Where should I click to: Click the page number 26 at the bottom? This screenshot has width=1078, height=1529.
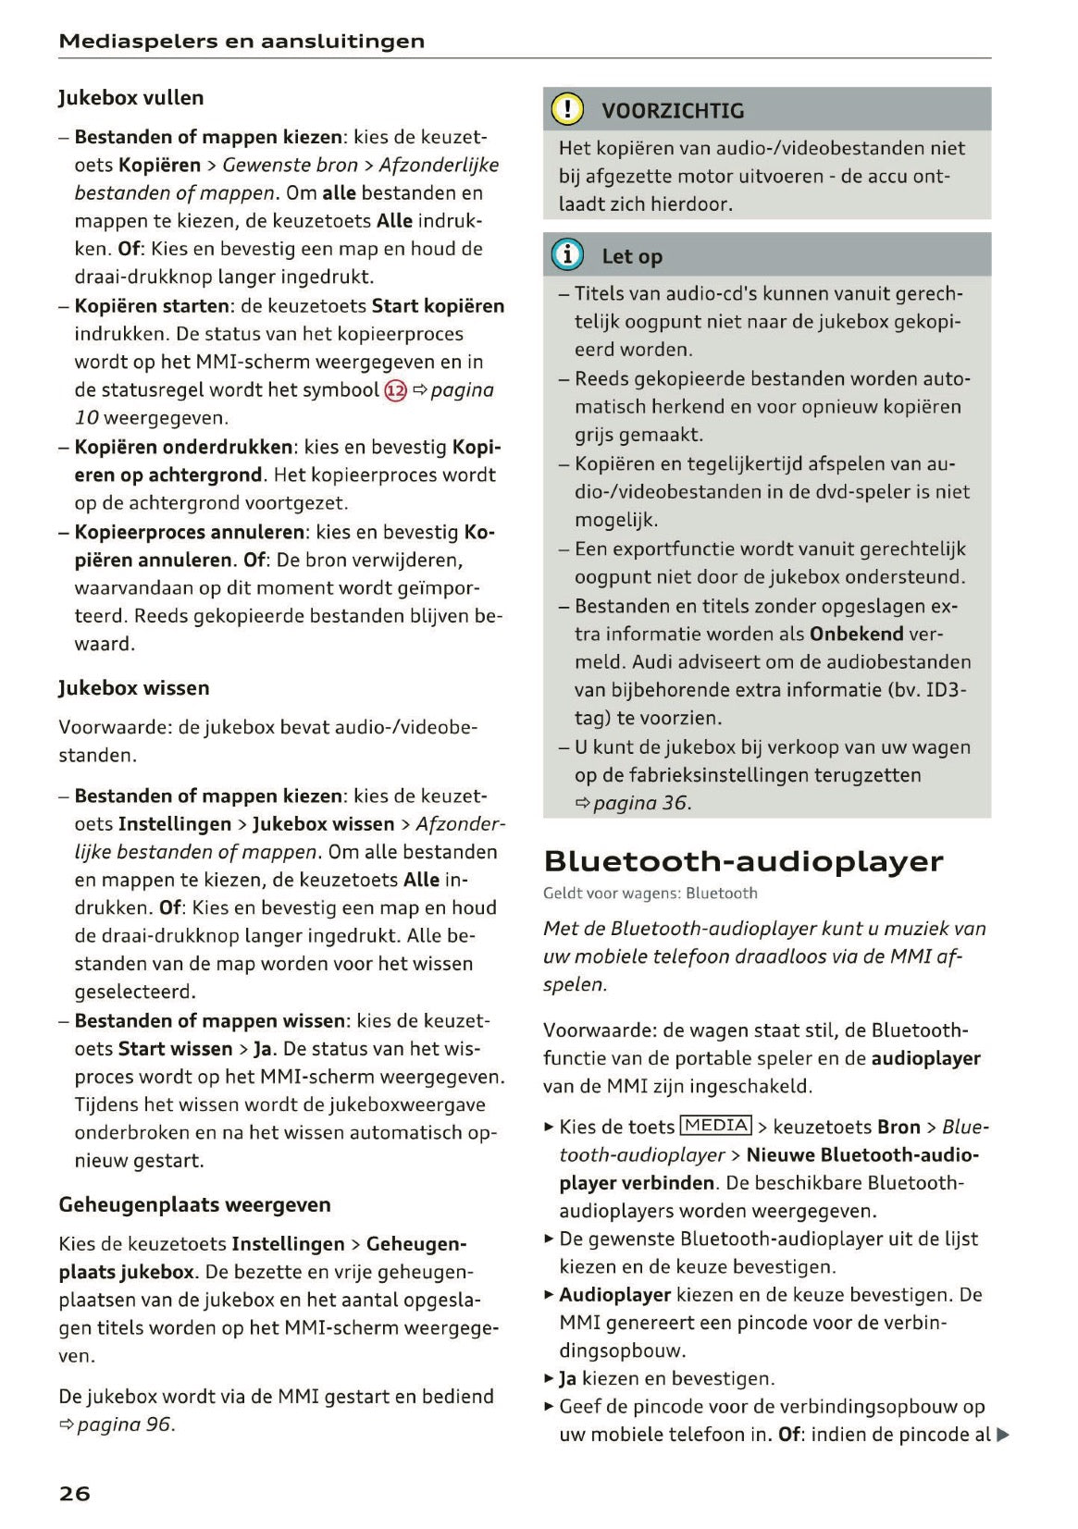[x=74, y=1493]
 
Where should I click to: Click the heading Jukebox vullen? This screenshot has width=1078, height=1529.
[x=130, y=97]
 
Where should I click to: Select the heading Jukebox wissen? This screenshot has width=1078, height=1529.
[x=133, y=687]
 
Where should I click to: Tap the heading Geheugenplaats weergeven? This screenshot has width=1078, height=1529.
[x=194, y=1204]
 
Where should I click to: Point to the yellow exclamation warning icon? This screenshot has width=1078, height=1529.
[x=567, y=110]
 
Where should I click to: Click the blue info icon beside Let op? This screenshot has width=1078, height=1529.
[x=567, y=255]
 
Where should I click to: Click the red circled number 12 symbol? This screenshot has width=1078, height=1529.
[x=395, y=390]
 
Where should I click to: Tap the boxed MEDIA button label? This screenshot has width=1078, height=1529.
[x=716, y=1126]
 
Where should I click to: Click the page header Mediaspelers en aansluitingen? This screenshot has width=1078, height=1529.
[x=242, y=41]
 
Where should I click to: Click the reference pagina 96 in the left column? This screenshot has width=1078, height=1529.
[x=125, y=1424]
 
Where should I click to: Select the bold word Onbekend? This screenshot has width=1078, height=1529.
[x=856, y=635]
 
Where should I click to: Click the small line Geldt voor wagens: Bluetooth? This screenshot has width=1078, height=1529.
[x=650, y=894]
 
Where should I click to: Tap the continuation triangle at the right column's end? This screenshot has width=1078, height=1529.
[x=1002, y=1436]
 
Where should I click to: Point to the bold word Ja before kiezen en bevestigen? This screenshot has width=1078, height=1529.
[x=568, y=1379]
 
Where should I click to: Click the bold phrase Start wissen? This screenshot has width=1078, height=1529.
[x=175, y=1049]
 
